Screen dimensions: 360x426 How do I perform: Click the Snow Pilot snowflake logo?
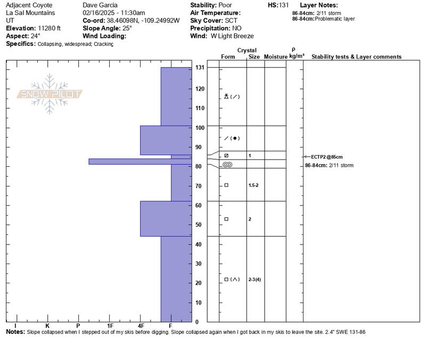click(x=50, y=94)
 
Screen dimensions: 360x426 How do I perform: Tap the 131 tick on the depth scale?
click(x=200, y=68)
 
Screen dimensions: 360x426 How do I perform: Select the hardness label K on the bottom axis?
click(x=47, y=325)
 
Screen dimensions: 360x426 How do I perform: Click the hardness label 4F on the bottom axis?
click(x=141, y=325)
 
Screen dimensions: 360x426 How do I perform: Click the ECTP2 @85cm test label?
click(x=327, y=157)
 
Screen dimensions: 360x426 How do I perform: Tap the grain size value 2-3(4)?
click(x=255, y=279)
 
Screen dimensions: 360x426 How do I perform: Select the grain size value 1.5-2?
click(x=255, y=185)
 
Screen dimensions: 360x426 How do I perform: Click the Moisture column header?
click(x=275, y=56)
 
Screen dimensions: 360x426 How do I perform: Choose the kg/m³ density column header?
click(x=297, y=56)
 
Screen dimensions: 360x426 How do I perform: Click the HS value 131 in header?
click(x=284, y=5)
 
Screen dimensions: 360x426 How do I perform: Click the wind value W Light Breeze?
click(x=233, y=36)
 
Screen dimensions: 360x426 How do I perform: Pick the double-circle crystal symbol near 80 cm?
click(x=227, y=165)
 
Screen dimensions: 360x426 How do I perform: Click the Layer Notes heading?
click(x=319, y=5)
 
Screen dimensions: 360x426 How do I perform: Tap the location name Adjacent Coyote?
click(x=29, y=5)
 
